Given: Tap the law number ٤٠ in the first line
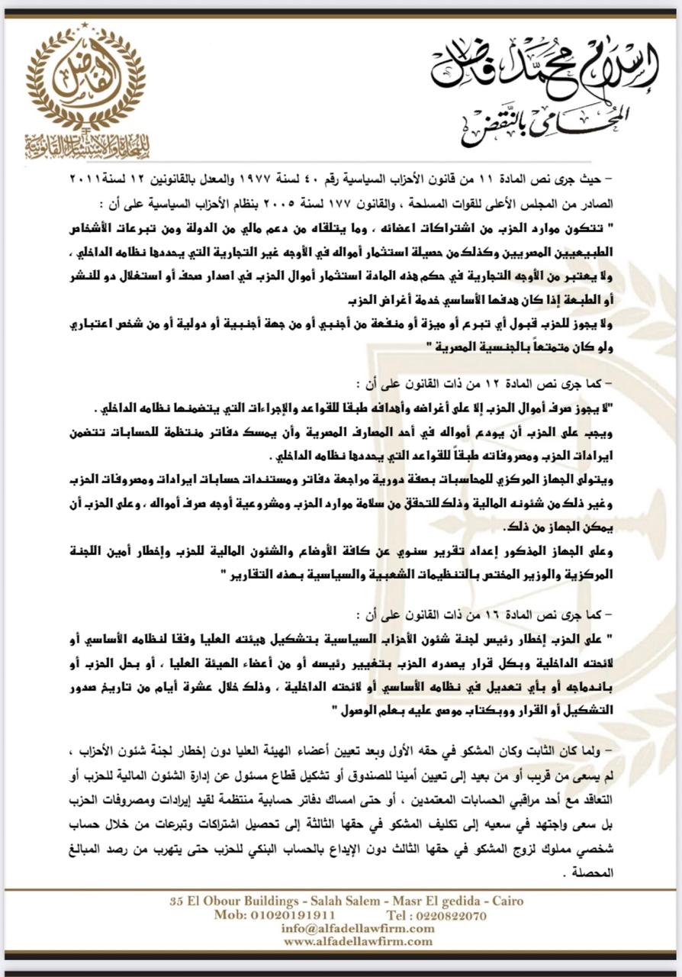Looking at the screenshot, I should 341,179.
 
